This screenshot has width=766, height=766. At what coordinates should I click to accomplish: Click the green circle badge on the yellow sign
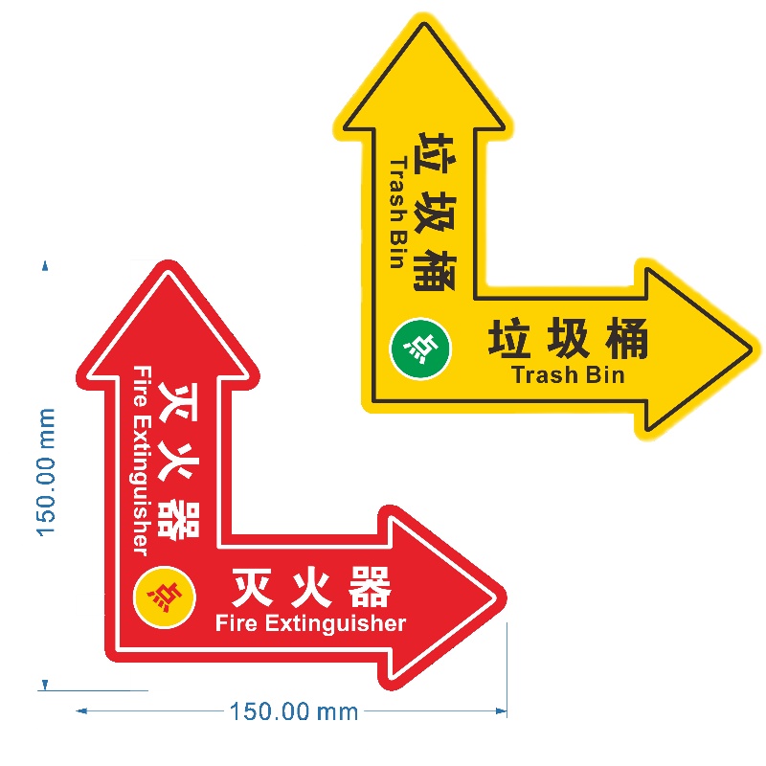420,346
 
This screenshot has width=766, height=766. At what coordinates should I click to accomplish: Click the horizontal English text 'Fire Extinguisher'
311,624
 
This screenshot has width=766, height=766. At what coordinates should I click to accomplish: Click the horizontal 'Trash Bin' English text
569,374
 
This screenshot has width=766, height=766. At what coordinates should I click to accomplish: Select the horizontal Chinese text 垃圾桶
569,340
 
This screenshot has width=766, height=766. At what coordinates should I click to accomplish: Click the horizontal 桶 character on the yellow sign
627,340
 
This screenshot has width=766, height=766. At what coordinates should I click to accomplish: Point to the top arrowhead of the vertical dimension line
43,264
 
